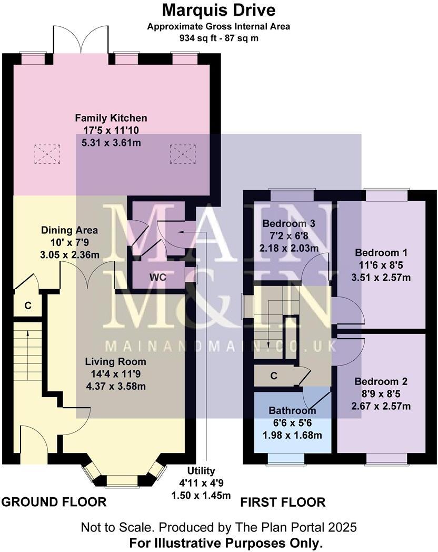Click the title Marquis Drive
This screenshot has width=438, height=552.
pos(218,9)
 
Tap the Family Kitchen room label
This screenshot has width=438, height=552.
pos(111,118)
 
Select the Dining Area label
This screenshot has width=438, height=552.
pos(69,230)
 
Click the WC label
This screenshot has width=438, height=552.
pos(157,278)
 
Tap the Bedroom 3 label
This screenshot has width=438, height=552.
pos(289,224)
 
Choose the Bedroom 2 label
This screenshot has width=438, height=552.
pos(381,381)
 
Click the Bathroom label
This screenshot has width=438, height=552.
pos(292,411)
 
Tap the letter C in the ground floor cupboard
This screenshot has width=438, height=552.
pos(28,305)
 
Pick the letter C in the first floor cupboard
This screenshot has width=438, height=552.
pos(274,376)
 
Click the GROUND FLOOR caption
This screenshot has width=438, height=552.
pos(54,502)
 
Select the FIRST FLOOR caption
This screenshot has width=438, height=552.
pos(283,502)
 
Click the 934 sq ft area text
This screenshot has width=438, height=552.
pos(218,38)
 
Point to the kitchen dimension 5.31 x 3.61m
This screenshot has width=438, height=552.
pos(111,142)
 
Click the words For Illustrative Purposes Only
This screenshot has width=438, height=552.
pos(218,543)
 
